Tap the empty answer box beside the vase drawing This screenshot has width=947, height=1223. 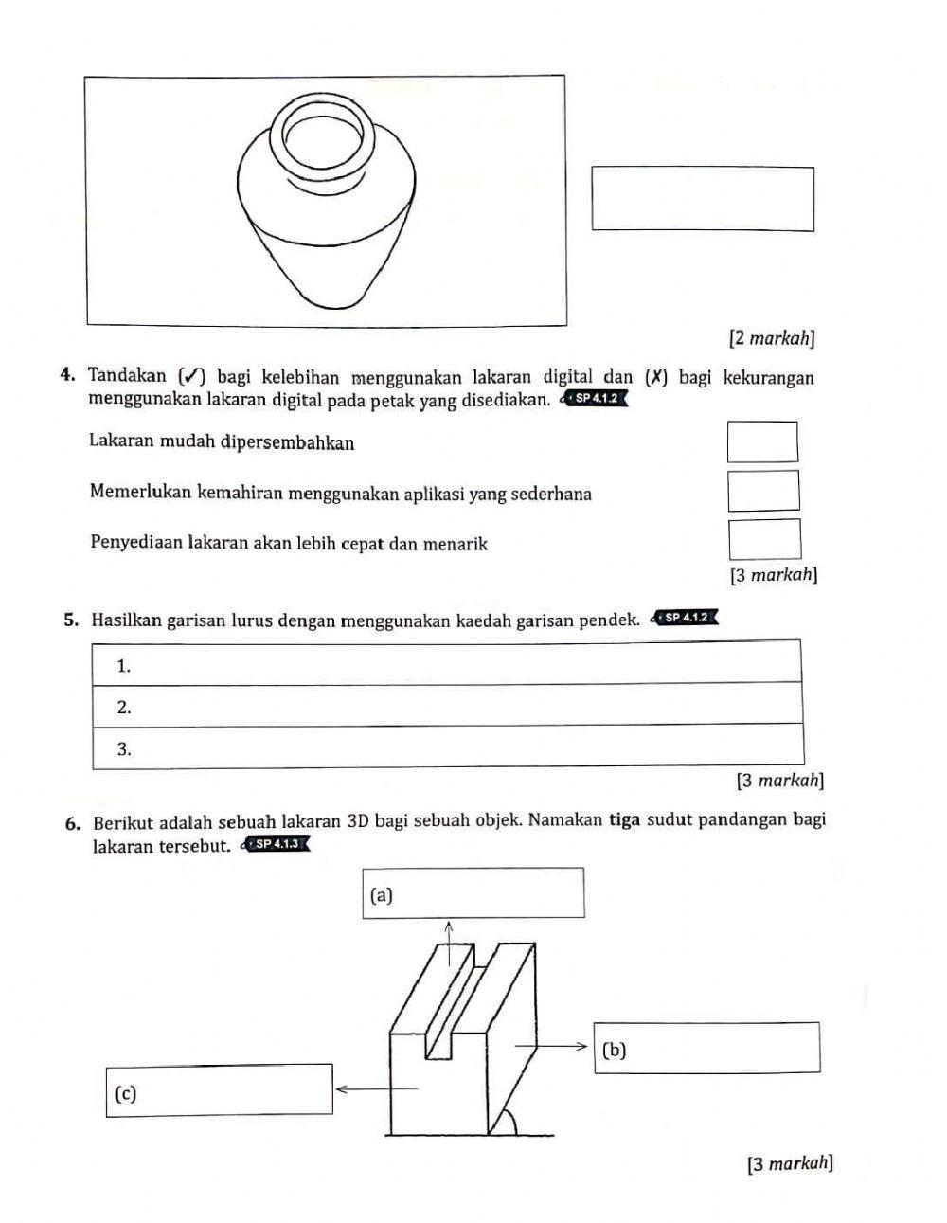click(703, 199)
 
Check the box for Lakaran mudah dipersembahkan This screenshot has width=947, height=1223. click(762, 442)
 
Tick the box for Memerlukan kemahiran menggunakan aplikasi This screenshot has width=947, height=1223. click(763, 491)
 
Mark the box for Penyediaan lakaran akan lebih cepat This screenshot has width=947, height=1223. click(764, 539)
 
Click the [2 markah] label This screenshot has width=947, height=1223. click(772, 337)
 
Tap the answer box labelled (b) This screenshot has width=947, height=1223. click(706, 1048)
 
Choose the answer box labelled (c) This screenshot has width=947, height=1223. click(219, 1091)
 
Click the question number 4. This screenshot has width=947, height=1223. click(65, 378)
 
